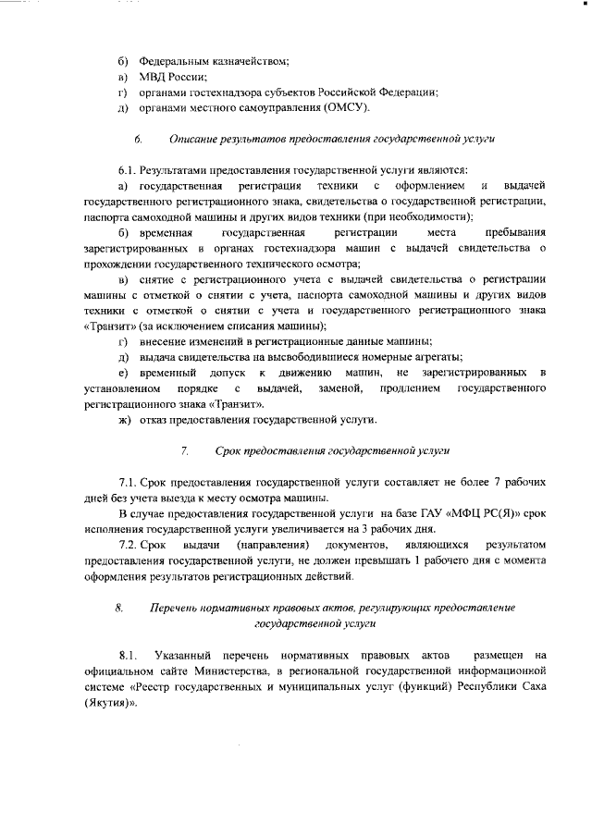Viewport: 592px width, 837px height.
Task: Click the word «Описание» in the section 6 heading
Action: (195, 139)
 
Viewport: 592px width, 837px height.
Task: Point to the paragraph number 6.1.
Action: (128, 170)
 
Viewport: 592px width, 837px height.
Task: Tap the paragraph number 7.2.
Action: (128, 545)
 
